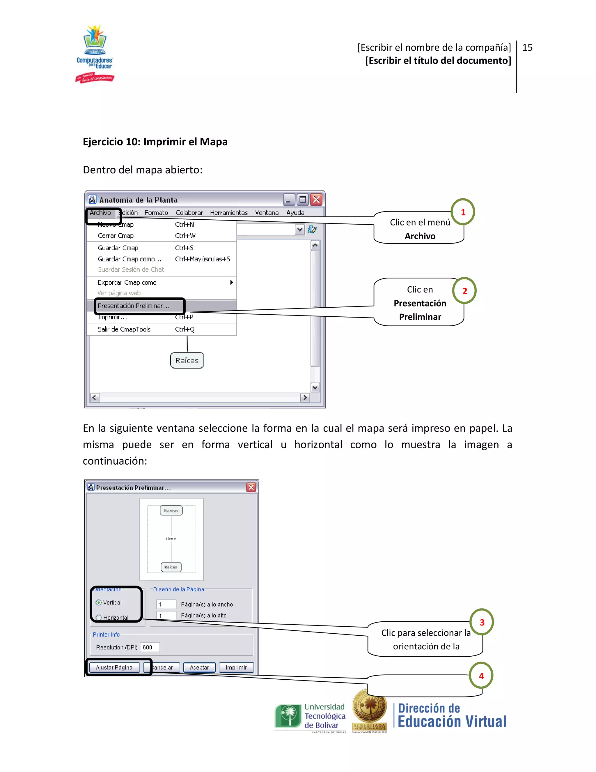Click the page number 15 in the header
tap(527, 47)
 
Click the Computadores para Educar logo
tap(95, 53)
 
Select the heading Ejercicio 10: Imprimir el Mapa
tap(155, 142)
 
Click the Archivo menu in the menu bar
tap(100, 213)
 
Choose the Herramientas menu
tap(228, 213)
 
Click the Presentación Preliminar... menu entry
tap(134, 306)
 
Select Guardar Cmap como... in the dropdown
tap(129, 259)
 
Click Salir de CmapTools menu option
tap(124, 329)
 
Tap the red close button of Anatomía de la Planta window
tap(316, 200)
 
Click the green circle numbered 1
tap(463, 212)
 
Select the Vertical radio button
tap(99, 602)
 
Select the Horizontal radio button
tap(99, 618)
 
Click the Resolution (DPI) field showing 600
tap(150, 647)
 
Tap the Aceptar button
tap(199, 667)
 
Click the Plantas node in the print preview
tap(171, 511)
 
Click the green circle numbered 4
tap(481, 676)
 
